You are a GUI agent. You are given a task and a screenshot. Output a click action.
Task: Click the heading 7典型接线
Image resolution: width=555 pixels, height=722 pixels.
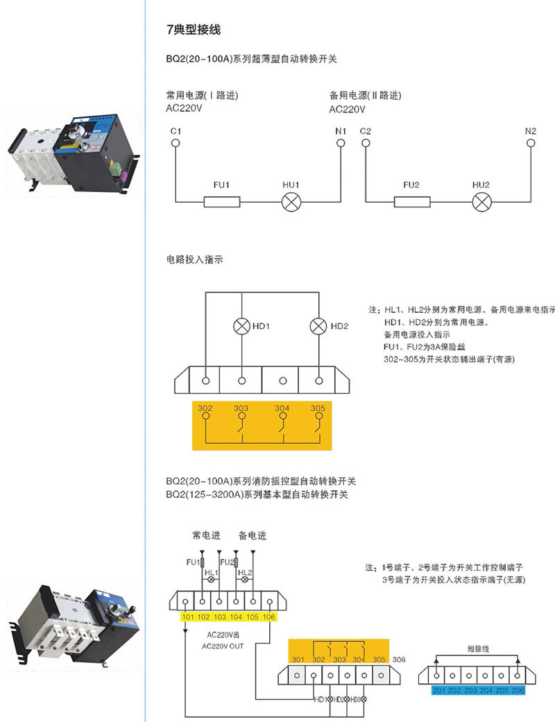(193, 31)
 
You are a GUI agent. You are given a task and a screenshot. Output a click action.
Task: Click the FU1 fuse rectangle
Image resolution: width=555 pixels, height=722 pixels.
(222, 202)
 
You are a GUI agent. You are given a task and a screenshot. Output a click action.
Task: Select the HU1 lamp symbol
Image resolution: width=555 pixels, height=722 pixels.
(290, 202)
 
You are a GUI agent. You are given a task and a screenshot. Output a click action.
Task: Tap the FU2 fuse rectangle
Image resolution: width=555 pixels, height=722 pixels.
(412, 202)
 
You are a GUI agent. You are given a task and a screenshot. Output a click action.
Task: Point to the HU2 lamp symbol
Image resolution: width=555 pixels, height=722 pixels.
(481, 202)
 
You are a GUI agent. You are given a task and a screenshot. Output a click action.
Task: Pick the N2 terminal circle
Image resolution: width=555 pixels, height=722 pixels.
(531, 144)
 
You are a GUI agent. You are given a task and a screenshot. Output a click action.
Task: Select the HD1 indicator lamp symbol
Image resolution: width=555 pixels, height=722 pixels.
(241, 325)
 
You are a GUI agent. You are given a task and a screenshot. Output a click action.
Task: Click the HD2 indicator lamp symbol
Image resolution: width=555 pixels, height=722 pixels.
(318, 325)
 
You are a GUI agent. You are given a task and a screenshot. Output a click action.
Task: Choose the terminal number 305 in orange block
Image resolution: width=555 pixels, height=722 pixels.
(318, 408)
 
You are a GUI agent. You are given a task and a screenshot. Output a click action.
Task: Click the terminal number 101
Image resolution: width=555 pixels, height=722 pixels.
(187, 617)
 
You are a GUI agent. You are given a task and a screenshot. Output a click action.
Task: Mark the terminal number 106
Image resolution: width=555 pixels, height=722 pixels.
(269, 617)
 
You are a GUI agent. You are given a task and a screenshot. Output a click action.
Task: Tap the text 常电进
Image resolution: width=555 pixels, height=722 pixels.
(206, 535)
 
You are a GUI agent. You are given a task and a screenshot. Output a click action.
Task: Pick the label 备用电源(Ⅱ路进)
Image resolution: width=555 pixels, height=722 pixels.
(366, 96)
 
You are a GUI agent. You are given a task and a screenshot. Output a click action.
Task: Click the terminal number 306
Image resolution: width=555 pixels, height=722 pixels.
(399, 659)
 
